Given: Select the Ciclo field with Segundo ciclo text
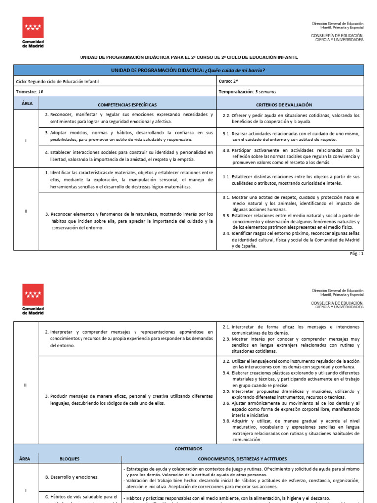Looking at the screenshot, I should (57, 82).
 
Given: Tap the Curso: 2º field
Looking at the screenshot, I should (229, 82).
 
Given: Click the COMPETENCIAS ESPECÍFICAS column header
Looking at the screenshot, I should (127, 105).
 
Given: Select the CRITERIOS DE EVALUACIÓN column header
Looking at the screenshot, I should (290, 105).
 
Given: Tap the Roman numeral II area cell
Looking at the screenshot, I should (26, 211).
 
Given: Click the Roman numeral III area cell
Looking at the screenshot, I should (26, 385).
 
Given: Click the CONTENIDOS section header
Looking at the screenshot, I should (188, 449).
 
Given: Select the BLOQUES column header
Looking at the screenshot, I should (69, 459).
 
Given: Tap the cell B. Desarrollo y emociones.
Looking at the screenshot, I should (72, 477).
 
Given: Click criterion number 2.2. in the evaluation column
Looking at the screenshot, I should (226, 115).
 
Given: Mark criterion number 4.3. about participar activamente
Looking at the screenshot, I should (226, 150).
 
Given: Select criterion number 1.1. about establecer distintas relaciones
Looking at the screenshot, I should (226, 176).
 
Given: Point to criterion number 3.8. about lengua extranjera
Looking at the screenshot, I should (226, 421).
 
